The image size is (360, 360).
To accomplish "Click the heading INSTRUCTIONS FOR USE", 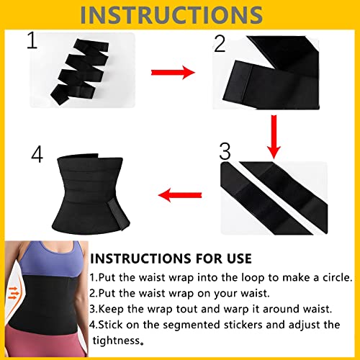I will (171, 258).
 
